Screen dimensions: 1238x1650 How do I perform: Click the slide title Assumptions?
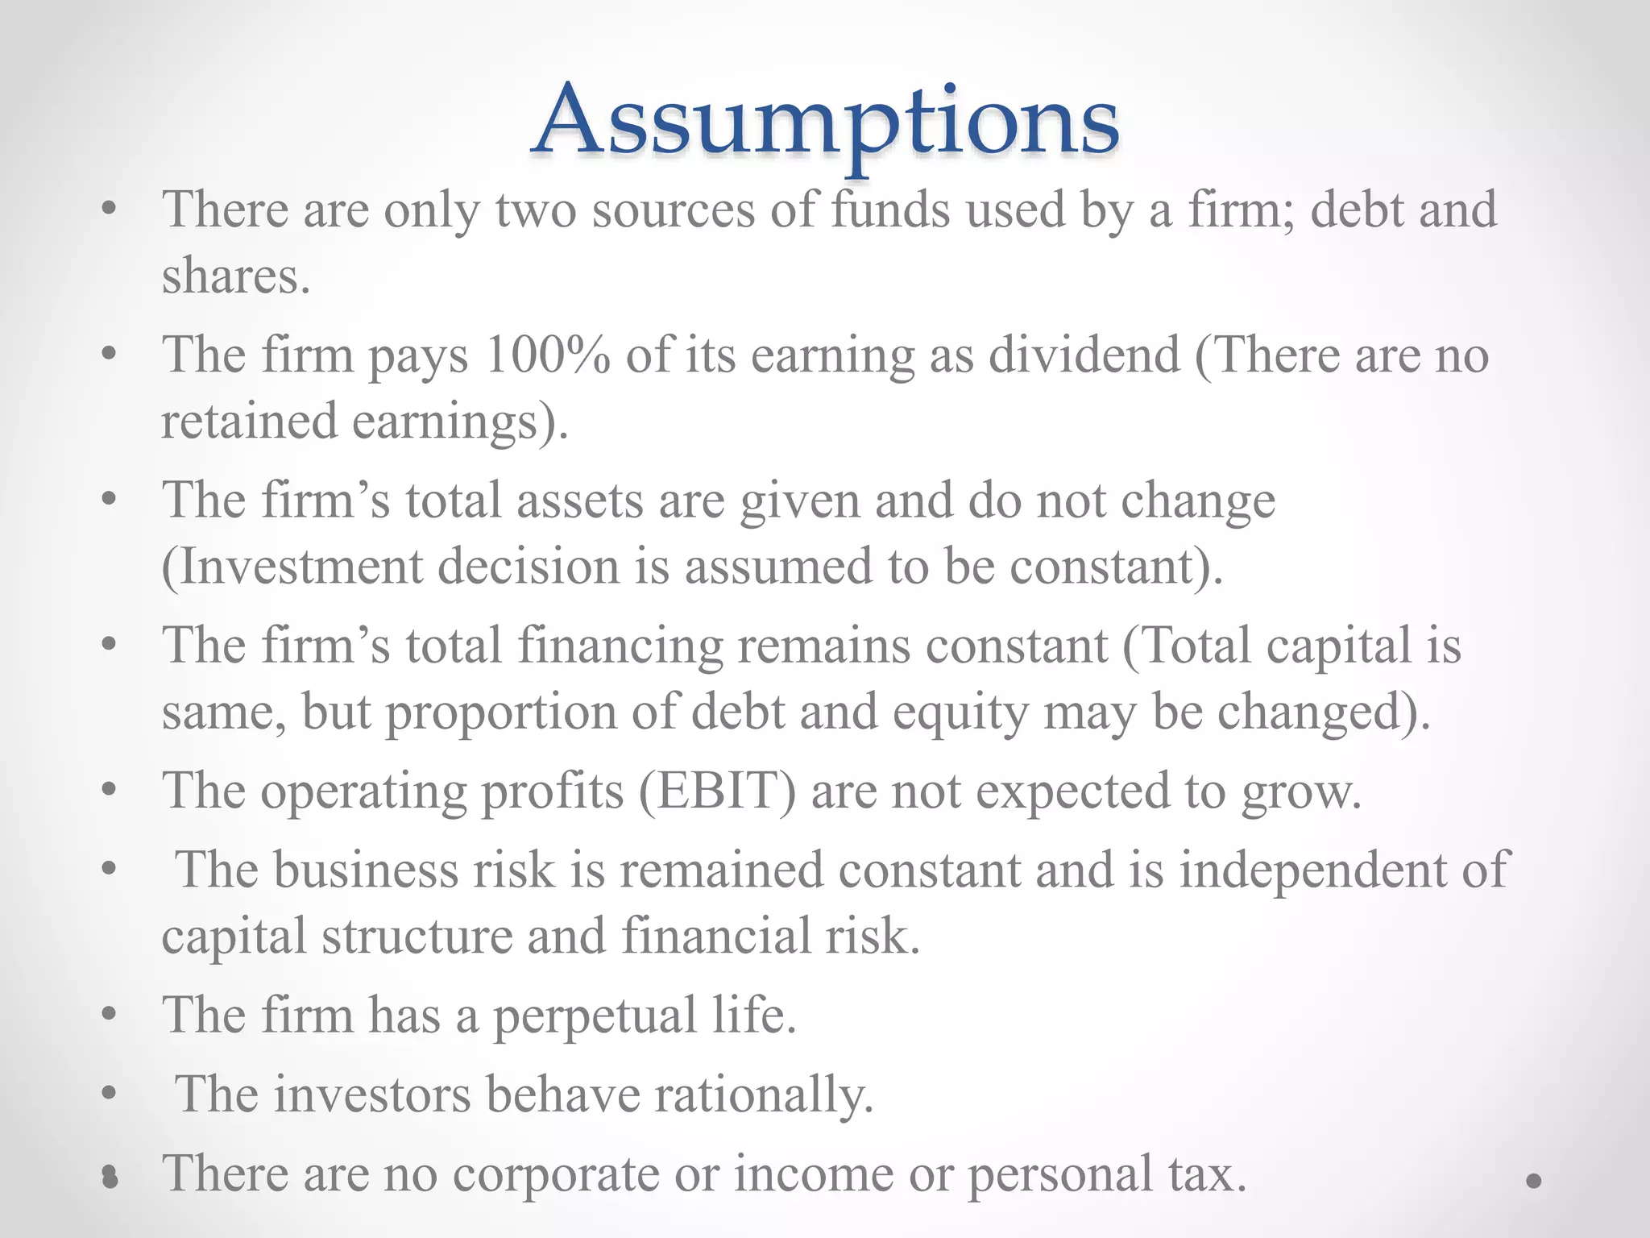(x=825, y=121)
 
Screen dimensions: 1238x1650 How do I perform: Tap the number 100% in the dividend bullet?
(x=548, y=355)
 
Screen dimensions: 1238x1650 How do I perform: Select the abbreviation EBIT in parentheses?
(x=717, y=791)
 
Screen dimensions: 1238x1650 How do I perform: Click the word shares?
(x=235, y=276)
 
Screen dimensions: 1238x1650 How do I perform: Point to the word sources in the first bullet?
(x=674, y=210)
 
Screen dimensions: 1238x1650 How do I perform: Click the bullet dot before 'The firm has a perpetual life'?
(x=110, y=1015)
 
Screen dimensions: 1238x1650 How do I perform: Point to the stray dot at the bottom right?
(x=1533, y=1181)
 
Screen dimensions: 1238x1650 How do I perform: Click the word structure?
(x=417, y=937)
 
